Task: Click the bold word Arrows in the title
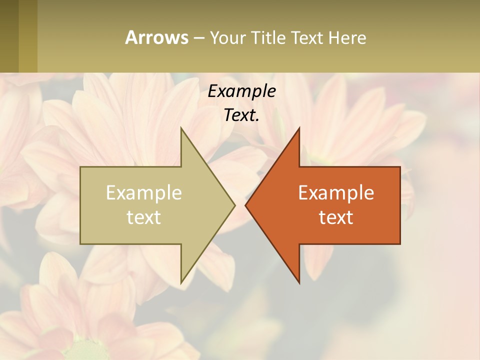click(156, 37)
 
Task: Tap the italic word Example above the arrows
click(241, 91)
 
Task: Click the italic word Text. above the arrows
click(241, 115)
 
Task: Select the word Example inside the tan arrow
click(143, 192)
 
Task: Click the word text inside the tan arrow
click(143, 217)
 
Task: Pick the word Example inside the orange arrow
click(336, 192)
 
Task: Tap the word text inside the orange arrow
click(336, 217)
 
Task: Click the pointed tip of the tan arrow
click(234, 205)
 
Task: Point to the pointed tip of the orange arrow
click(246, 205)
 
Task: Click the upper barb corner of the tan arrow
click(181, 128)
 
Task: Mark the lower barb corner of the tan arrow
click(181, 282)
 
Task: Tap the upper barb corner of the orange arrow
click(299, 128)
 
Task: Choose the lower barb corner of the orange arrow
click(299, 282)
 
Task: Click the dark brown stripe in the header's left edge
click(9, 36)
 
